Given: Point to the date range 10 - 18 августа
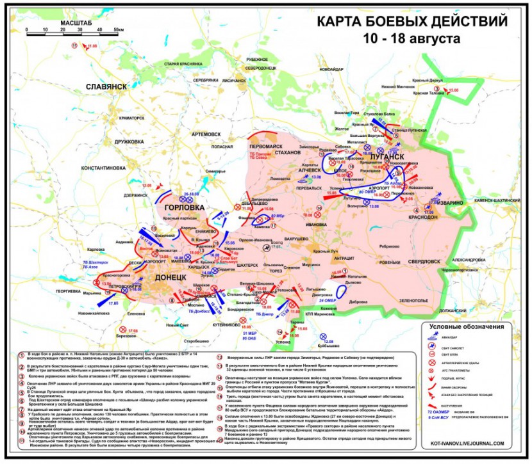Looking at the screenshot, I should pos(411,38).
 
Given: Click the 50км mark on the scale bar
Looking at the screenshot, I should pos(119,30).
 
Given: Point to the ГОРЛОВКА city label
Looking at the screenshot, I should pos(184,207).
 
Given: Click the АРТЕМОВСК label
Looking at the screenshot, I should pos(206,134).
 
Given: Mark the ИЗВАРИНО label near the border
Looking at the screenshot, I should pos(450,203).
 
